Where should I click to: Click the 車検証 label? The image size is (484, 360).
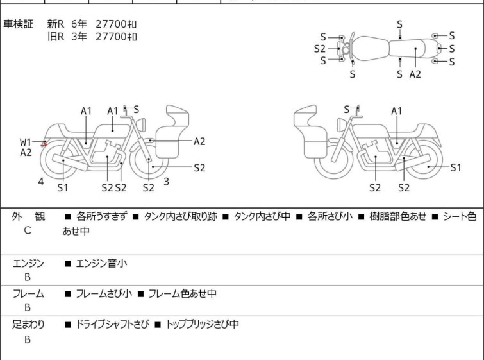pyautogui.click(x=18, y=24)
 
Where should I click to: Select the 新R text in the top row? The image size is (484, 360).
pyautogui.click(x=56, y=24)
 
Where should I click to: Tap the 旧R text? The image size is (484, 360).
pyautogui.click(x=56, y=37)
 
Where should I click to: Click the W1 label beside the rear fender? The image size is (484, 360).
pyautogui.click(x=26, y=142)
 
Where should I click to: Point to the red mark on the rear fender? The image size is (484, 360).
pyautogui.click(x=44, y=144)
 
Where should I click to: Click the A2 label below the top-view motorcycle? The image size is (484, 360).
pyautogui.click(x=415, y=74)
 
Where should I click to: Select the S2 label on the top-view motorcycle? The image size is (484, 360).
pyautogui.click(x=319, y=49)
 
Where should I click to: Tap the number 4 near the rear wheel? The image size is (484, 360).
pyautogui.click(x=41, y=182)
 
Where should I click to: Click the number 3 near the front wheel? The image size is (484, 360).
pyautogui.click(x=167, y=182)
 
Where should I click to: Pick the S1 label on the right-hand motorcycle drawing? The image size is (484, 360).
pyautogui.click(x=456, y=167)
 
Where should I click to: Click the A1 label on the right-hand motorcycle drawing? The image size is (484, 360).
pyautogui.click(x=397, y=111)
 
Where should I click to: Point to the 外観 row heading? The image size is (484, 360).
pyautogui.click(x=28, y=216)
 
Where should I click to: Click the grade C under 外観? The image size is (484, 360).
pyautogui.click(x=28, y=230)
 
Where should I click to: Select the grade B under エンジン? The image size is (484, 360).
pyautogui.click(x=28, y=277)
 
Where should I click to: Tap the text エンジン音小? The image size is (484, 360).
pyautogui.click(x=101, y=263)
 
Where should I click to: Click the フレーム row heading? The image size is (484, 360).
pyautogui.click(x=28, y=293)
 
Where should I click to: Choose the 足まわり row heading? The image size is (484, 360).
pyautogui.click(x=28, y=325)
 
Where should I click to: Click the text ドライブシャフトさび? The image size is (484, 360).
pyautogui.click(x=112, y=324)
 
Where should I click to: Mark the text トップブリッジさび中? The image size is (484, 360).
pyautogui.click(x=202, y=324)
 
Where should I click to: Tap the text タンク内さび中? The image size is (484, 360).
pyautogui.click(x=262, y=216)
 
